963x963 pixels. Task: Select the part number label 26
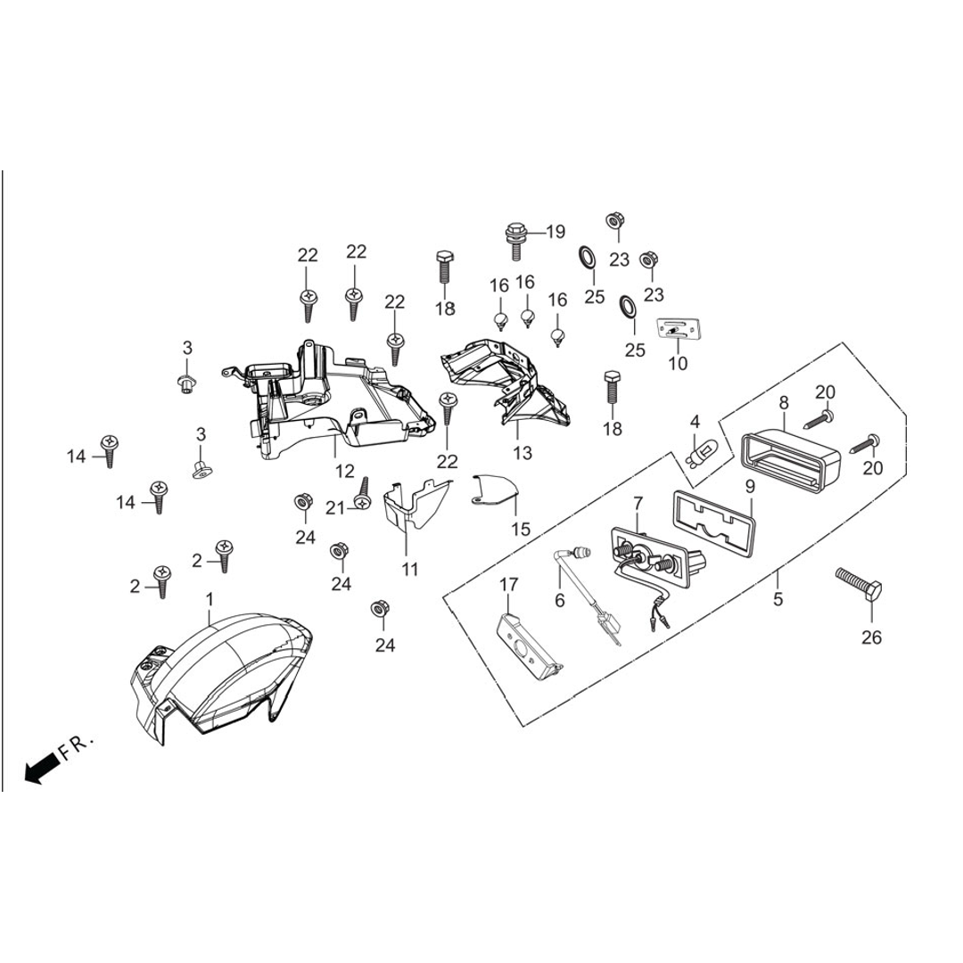coord(870,637)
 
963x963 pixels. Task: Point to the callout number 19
coord(555,233)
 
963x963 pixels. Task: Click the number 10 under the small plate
coord(678,364)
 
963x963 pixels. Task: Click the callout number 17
coord(508,585)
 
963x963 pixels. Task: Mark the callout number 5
coord(778,599)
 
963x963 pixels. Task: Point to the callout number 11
coord(409,568)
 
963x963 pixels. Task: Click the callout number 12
coord(344,471)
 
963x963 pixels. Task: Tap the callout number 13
coord(523,453)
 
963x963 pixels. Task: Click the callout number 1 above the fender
coord(210,597)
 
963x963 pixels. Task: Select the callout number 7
coord(638,504)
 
